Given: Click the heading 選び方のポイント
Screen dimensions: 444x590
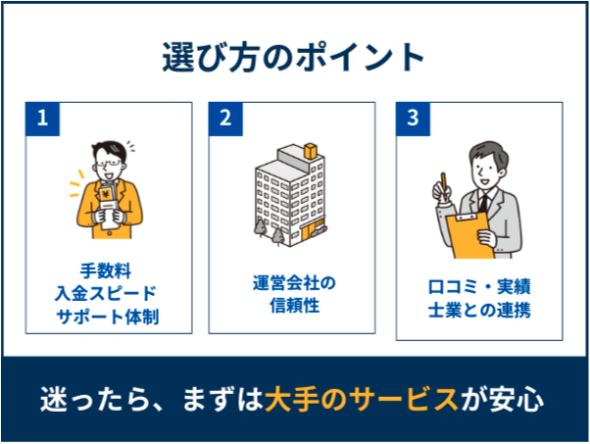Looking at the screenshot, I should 294,57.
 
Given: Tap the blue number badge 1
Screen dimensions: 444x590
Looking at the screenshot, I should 42,119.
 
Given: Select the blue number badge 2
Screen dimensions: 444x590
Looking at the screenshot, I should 226,119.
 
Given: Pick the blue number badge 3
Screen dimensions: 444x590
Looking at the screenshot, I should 414,119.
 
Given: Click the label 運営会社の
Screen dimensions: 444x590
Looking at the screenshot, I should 294,283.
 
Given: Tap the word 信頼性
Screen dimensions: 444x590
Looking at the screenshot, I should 294,306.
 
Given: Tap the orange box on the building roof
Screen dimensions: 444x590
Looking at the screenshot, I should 311,150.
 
